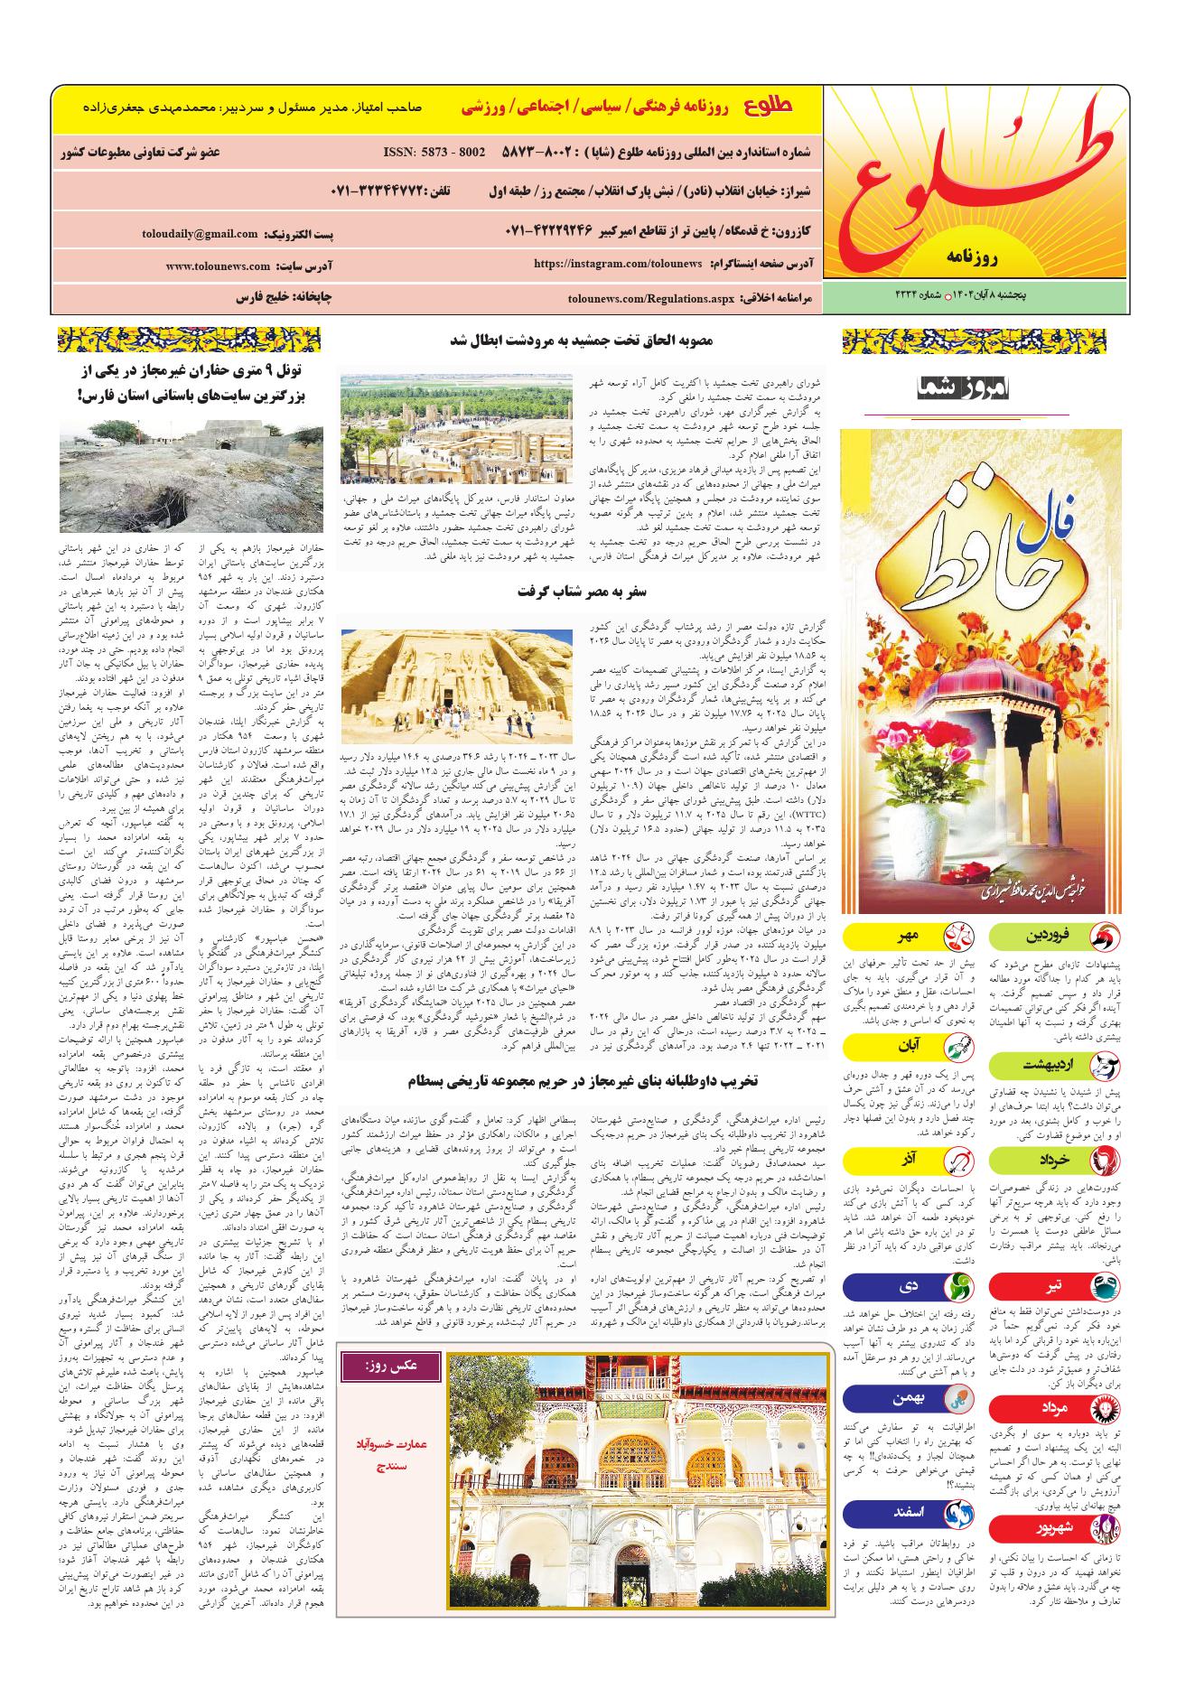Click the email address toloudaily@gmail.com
(x=200, y=234)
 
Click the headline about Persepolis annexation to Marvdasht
(x=582, y=340)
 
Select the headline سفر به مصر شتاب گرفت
(x=582, y=592)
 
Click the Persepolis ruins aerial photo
(x=456, y=427)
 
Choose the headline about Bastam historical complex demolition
(x=582, y=1079)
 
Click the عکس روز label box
(x=391, y=1367)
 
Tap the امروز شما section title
(x=966, y=388)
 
